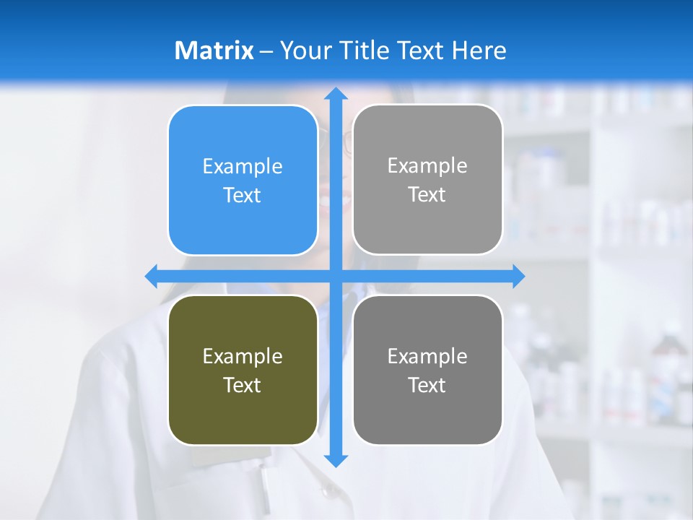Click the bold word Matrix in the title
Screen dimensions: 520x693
(214, 51)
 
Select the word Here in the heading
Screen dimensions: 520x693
(479, 51)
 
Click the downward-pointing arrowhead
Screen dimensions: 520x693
(335, 460)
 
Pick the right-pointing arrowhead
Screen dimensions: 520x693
(518, 276)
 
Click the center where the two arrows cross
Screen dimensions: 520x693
(335, 276)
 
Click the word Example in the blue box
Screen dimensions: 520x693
(243, 167)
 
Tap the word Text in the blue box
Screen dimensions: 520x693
(243, 196)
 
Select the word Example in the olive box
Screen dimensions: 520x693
(243, 357)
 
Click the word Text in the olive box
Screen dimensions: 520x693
(243, 386)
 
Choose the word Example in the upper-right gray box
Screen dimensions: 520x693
(427, 166)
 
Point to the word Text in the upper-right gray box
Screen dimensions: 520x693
(427, 195)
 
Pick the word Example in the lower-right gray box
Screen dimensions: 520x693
(427, 357)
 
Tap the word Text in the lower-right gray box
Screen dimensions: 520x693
(427, 386)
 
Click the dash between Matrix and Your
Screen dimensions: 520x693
(266, 51)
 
